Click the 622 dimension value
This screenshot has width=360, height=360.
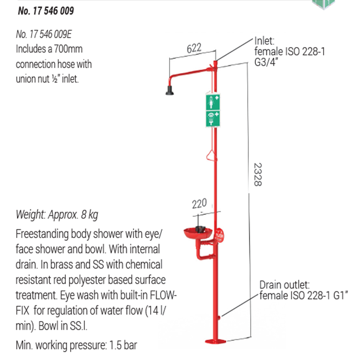tap(193, 48)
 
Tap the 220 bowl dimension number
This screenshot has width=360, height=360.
tap(199, 204)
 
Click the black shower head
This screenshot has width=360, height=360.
tap(169, 90)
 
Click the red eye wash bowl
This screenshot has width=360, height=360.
tap(198, 234)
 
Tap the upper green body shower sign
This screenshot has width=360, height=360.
tap(213, 102)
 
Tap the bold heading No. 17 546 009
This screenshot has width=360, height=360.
tap(46, 10)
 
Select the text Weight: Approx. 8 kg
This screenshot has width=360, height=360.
tap(57, 215)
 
